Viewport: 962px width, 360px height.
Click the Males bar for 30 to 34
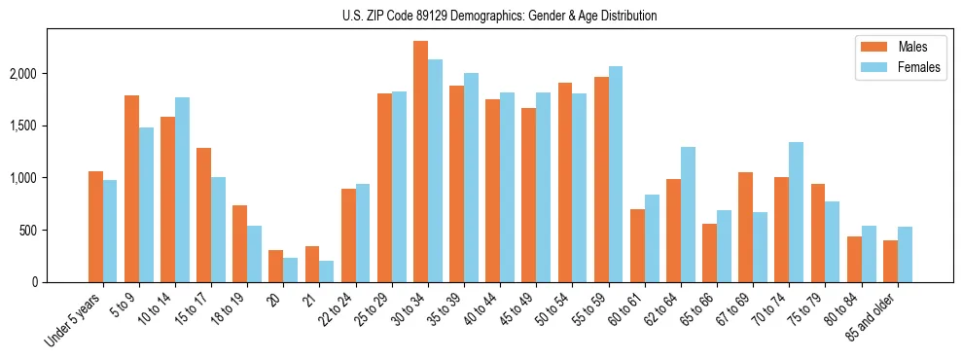420,162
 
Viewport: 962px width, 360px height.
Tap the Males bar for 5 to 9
131,189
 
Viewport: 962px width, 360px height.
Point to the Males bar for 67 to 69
745,227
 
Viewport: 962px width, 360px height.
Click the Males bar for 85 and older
890,261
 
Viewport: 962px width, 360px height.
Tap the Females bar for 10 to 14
182,190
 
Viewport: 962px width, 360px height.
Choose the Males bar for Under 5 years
95,227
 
